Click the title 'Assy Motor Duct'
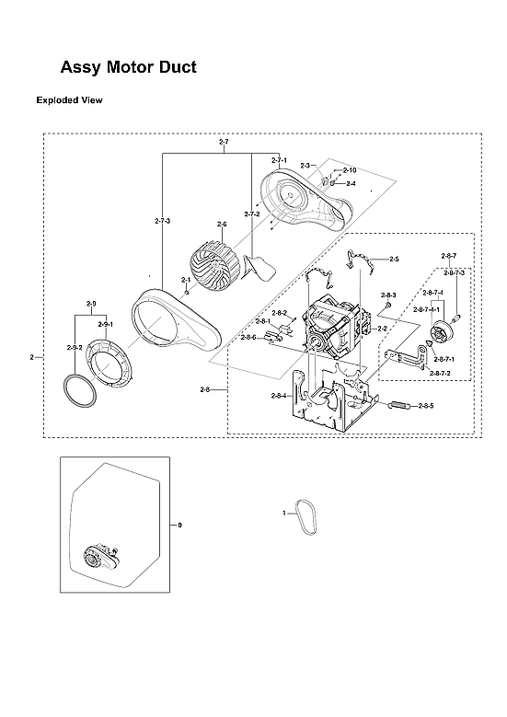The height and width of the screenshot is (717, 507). click(128, 67)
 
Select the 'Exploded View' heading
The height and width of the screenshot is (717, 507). click(69, 99)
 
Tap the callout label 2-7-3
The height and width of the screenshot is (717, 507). click(162, 221)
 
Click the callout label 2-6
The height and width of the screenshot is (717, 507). click(222, 224)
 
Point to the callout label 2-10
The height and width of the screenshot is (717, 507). click(349, 170)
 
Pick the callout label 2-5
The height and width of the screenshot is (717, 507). click(394, 260)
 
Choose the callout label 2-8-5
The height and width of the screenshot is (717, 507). click(425, 406)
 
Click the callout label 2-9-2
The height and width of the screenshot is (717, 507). click(75, 347)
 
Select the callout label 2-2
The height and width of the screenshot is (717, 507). click(382, 329)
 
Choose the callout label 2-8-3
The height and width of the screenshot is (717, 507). click(388, 295)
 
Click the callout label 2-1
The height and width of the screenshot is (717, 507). click(186, 280)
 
